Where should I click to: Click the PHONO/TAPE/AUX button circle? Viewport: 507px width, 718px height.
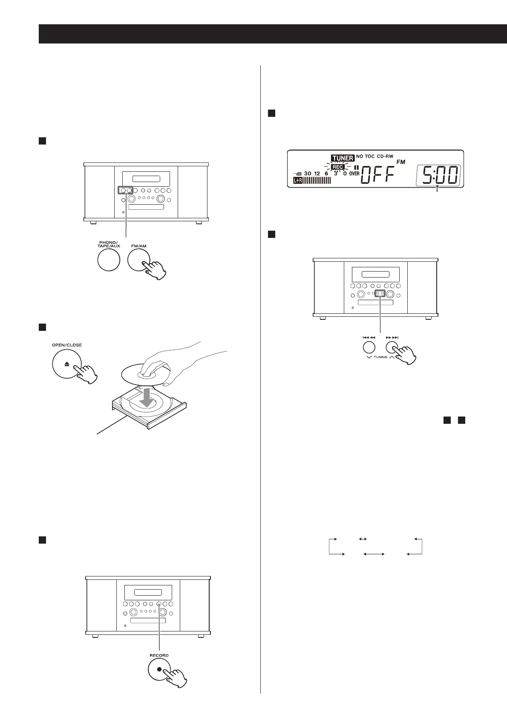(x=108, y=260)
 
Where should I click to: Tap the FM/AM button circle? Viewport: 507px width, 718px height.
(x=139, y=260)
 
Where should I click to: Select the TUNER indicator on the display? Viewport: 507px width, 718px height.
(x=343, y=158)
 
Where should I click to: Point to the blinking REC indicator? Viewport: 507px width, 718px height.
(x=337, y=167)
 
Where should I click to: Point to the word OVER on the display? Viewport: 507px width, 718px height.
(x=354, y=174)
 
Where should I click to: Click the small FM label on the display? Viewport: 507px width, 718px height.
(x=401, y=162)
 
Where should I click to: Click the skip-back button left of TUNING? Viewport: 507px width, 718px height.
(x=369, y=347)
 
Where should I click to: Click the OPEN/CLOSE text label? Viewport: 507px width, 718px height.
(x=67, y=345)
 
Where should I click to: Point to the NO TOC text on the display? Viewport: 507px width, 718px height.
(x=365, y=157)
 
